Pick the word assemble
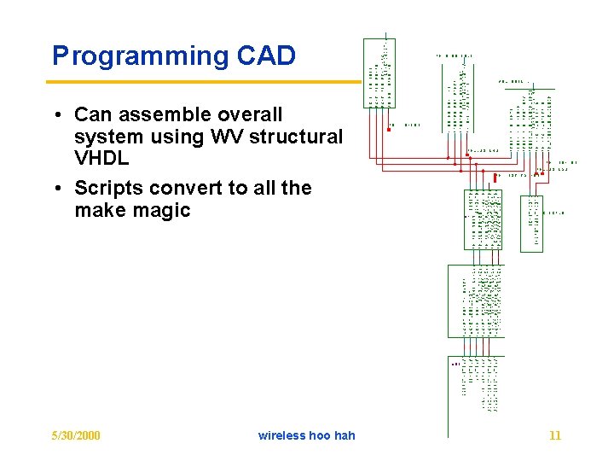click(165, 115)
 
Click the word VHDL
click(101, 160)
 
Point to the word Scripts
click(107, 189)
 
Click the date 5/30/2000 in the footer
click(76, 435)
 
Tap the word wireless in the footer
click(283, 435)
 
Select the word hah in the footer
click(345, 435)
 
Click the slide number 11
click(555, 435)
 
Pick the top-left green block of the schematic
click(379, 73)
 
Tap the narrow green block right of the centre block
click(531, 224)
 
